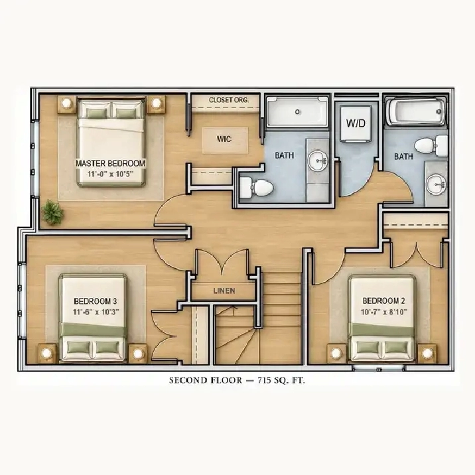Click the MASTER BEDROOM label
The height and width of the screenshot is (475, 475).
coord(111,164)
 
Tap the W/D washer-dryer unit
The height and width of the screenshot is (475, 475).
coord(356,123)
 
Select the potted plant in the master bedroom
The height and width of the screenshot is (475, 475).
coord(52,212)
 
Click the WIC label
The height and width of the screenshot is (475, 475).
coord(224,139)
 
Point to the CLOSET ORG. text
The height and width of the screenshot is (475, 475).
coord(229,100)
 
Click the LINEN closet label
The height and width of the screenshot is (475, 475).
coord(224,291)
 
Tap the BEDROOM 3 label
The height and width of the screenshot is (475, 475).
coord(96,301)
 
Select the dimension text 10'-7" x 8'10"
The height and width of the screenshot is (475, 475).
coord(384,312)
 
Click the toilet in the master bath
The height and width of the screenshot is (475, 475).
coord(257,187)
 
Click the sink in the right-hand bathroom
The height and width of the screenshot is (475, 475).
coord(437,184)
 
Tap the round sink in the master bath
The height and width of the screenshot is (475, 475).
coord(318,161)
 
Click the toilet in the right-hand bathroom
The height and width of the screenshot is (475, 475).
coord(431,146)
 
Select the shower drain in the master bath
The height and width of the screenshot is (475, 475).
coord(297,111)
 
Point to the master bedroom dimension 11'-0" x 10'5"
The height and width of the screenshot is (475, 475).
coord(111,174)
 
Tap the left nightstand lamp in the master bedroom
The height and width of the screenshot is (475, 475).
coord(66,103)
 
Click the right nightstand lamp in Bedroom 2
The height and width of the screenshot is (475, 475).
coord(427,353)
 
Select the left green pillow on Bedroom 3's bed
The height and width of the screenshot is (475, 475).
coord(78,347)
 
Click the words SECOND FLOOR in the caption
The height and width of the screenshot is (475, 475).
coord(206,381)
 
